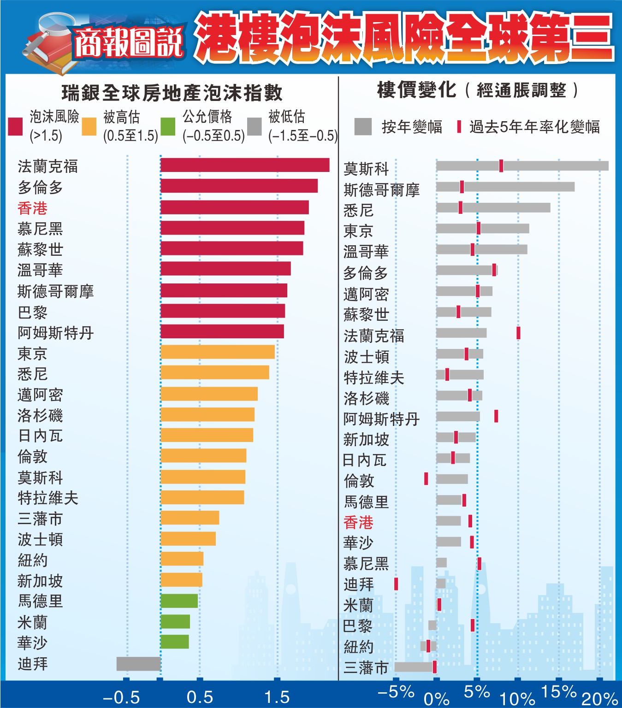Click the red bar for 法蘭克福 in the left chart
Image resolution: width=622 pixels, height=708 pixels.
tap(244, 165)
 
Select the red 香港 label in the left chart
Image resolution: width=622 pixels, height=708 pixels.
tap(32, 208)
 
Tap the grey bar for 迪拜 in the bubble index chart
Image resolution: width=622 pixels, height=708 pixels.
tap(138, 664)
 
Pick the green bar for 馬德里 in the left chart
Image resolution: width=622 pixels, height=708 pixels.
tap(179, 601)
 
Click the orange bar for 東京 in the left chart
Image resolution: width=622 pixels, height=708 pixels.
tap(217, 352)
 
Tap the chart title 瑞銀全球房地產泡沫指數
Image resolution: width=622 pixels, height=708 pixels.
tap(172, 93)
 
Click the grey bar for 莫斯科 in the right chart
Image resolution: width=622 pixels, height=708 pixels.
tap(522, 165)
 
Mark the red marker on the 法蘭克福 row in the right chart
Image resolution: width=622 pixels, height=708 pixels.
tap(518, 333)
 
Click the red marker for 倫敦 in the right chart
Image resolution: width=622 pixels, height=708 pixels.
tap(426, 479)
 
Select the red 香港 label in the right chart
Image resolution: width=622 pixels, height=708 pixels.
tap(358, 522)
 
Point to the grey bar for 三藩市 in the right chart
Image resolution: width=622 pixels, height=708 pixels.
tap(414, 667)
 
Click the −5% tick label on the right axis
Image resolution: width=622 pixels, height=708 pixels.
tap(396, 692)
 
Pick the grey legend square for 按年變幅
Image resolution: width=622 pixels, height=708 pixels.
tap(363, 127)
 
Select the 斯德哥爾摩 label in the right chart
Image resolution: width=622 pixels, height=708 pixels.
tap(381, 190)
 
